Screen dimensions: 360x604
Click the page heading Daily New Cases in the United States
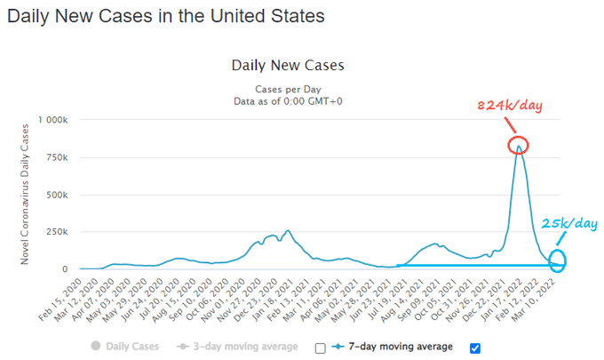click(x=165, y=16)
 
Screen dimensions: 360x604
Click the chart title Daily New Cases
click(x=287, y=65)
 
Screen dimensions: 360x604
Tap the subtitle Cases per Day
click(x=287, y=89)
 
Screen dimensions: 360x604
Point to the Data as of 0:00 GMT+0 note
click(x=287, y=100)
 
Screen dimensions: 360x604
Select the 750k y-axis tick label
click(x=58, y=156)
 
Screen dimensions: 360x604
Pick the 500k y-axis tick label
click(x=58, y=194)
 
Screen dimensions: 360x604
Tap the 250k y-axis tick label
click(x=58, y=231)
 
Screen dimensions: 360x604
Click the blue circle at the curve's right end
click(x=558, y=260)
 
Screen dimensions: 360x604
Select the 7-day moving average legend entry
click(x=398, y=347)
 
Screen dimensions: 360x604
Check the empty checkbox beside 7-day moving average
click(x=320, y=348)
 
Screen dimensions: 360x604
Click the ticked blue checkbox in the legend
click(x=474, y=348)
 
